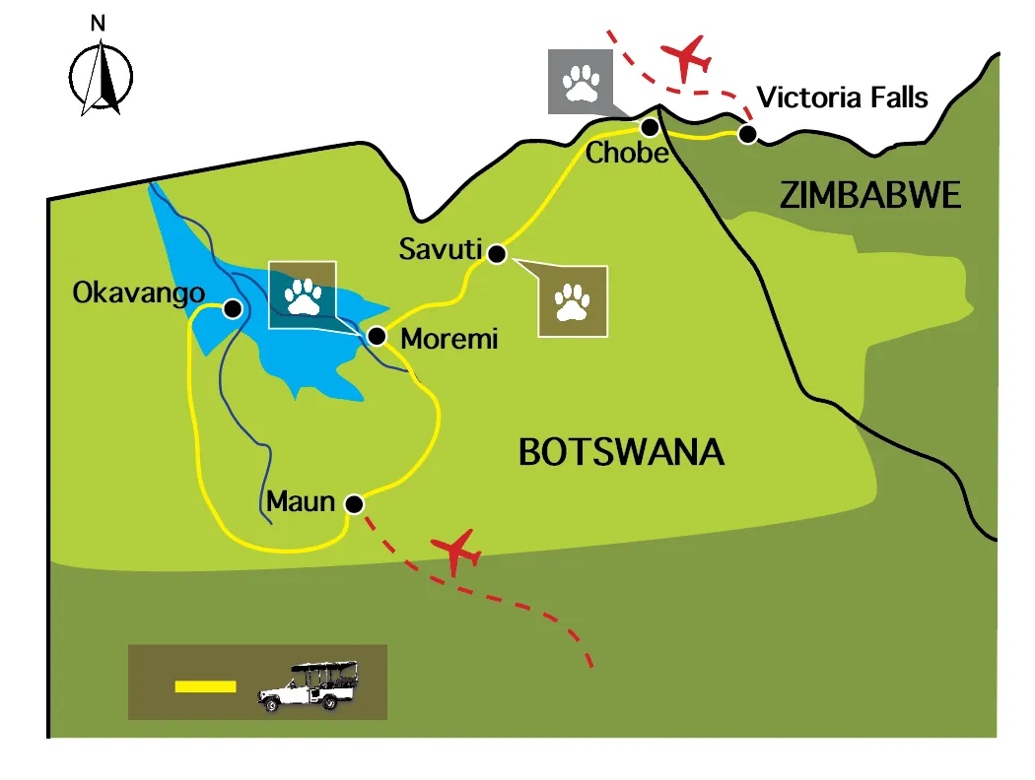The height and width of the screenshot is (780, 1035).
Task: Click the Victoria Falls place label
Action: point(842,97)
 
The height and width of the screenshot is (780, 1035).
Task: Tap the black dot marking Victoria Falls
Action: point(748,134)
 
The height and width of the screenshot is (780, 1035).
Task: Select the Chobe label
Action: point(627,154)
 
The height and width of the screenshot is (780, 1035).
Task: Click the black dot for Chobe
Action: point(650,127)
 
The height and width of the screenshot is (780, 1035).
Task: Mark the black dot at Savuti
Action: point(497,254)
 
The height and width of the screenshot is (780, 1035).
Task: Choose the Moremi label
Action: point(449,341)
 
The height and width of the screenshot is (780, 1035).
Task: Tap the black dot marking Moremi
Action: point(376,337)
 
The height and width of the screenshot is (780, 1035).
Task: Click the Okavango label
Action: point(139,292)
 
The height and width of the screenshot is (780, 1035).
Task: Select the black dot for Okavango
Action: point(232,308)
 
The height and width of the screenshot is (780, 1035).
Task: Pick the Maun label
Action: point(301,502)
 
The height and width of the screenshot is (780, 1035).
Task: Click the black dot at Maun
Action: point(354,504)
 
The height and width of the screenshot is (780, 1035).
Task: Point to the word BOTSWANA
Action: point(621,453)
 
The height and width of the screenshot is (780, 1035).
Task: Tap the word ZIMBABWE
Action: point(869,196)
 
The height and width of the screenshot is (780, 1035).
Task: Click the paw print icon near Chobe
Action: point(580,83)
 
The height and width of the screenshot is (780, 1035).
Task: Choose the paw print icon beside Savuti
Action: point(573,301)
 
